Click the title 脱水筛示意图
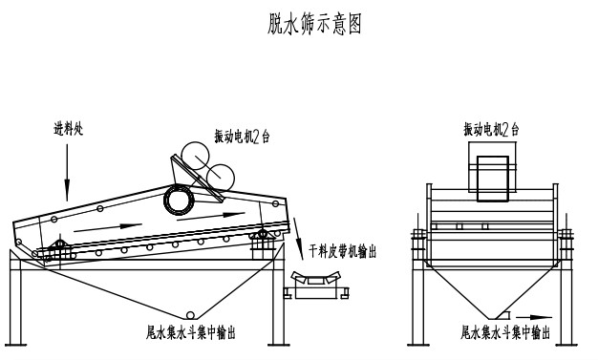tap(314, 24)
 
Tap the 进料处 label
tap(68, 129)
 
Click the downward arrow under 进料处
tap(67, 172)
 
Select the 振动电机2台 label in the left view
tap(242, 137)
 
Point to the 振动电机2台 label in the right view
tap(491, 129)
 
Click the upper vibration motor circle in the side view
tap(195, 156)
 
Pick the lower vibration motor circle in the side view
tap(220, 178)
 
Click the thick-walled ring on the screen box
tap(179, 199)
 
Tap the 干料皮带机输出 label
tap(343, 251)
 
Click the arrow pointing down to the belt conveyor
tap(298, 239)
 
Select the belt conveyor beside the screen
tap(316, 285)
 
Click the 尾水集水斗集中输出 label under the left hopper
tap(191, 331)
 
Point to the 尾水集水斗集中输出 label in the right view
tap(505, 331)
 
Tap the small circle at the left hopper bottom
tap(189, 315)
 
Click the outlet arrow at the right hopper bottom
tap(534, 317)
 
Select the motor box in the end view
tap(492, 179)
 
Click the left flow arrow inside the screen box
tap(108, 227)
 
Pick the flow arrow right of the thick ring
tap(211, 216)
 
